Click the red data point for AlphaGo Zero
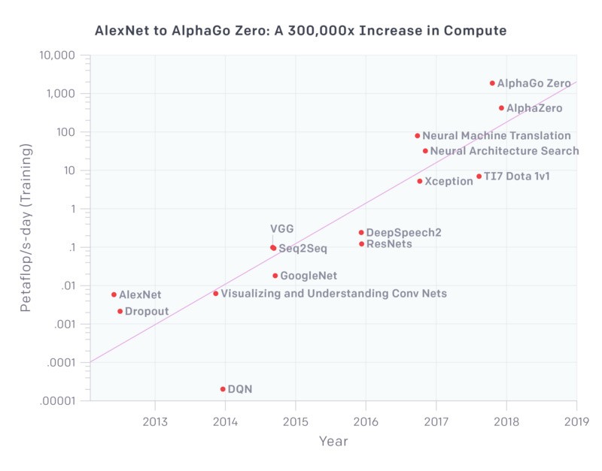492,83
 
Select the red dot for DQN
223,389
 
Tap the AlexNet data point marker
114,294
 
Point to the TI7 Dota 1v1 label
516,177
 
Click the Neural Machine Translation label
497,136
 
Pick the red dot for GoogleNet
275,276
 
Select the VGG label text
281,229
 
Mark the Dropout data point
120,311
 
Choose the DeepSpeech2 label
403,233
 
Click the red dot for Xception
420,181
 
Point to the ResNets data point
361,243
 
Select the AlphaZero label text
534,108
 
